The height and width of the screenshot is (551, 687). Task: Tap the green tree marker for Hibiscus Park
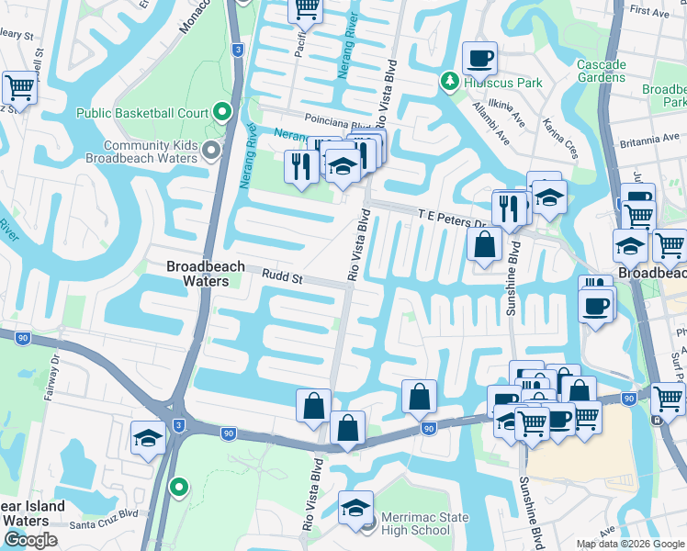point(450,82)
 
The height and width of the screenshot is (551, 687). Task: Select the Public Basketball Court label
point(142,114)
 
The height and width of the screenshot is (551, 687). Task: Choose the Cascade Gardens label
point(601,71)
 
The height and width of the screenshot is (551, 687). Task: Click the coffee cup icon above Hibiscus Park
point(479,59)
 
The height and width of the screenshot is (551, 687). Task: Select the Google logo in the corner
point(30,540)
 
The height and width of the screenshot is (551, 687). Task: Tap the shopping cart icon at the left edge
point(18,88)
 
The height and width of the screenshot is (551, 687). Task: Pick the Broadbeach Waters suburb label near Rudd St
point(205,274)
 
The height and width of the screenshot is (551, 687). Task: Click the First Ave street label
point(650,12)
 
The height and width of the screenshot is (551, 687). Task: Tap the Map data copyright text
point(631,544)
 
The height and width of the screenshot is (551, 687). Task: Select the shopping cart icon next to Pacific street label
point(306,9)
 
